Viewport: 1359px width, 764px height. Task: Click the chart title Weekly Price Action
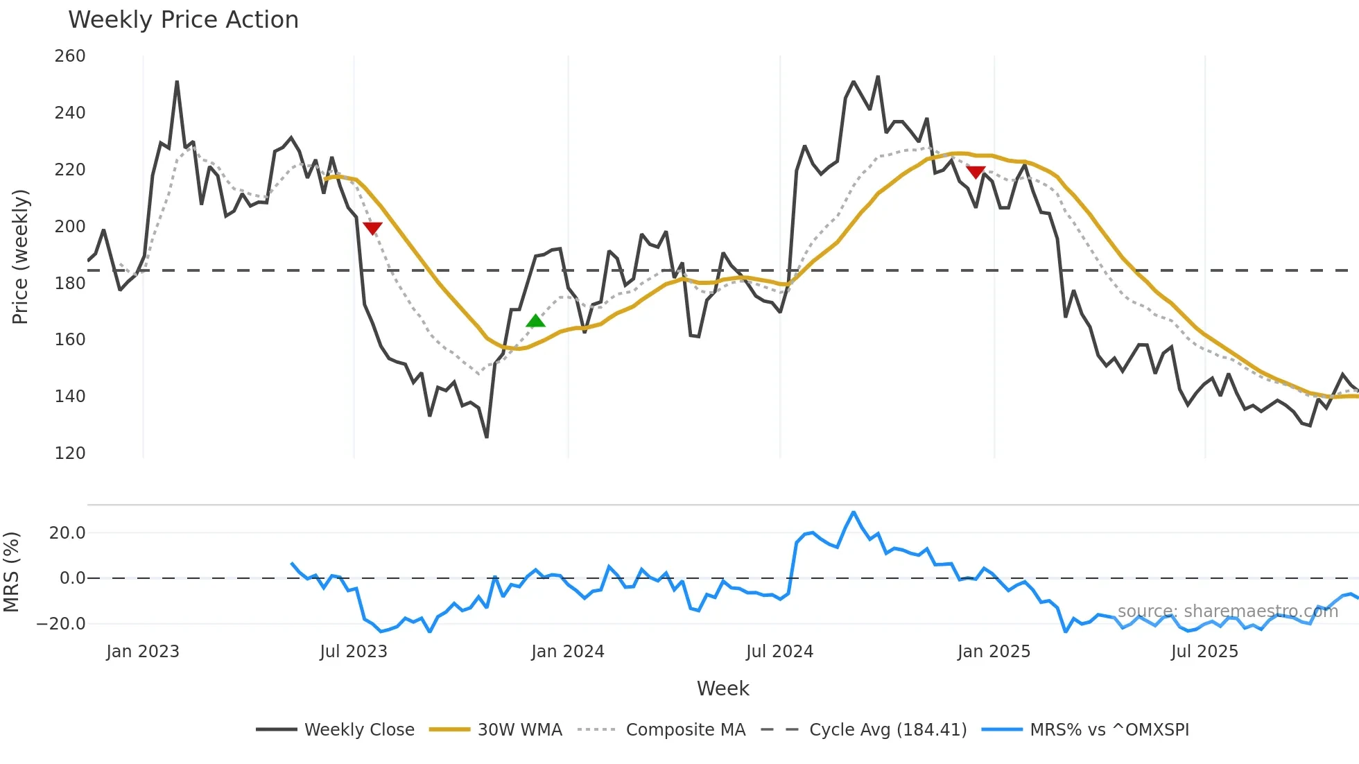(183, 20)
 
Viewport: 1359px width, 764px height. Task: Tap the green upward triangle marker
(535, 321)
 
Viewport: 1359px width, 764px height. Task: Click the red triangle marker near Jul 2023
(372, 228)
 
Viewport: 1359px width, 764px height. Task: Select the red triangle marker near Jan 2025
(976, 172)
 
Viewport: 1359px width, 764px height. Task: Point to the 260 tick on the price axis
(70, 56)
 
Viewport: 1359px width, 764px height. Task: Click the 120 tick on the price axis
(70, 453)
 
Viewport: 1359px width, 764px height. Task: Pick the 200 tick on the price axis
(70, 227)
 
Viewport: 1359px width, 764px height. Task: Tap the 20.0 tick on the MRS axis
(67, 533)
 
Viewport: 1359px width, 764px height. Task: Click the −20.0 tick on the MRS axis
(61, 624)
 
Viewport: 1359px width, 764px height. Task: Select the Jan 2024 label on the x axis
(568, 652)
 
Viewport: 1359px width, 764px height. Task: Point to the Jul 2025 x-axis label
(1204, 652)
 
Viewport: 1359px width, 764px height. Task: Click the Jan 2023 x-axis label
(143, 652)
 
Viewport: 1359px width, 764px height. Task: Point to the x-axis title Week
(722, 688)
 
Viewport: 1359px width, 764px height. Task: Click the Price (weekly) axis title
(20, 257)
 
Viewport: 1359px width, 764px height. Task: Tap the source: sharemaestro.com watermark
(1227, 611)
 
